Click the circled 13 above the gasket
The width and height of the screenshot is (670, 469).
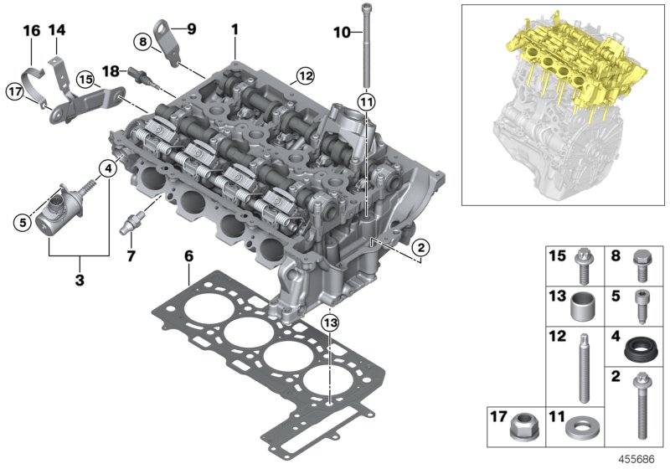click(331, 323)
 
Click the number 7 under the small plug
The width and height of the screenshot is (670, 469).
click(131, 255)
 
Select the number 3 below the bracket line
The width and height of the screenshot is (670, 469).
click(80, 280)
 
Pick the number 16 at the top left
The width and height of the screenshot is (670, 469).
click(31, 31)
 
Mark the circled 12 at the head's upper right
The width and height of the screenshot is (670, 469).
click(302, 77)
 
